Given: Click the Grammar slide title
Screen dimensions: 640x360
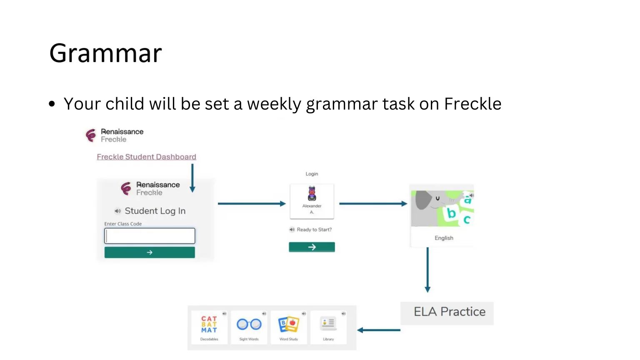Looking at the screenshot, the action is [x=105, y=53].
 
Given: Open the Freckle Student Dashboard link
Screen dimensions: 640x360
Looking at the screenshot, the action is [x=146, y=157].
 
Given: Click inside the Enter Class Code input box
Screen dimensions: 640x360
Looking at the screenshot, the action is [x=150, y=236].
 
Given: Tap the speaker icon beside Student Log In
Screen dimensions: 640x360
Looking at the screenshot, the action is [x=117, y=211].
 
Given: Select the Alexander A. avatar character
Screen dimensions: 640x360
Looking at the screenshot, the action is [x=312, y=193].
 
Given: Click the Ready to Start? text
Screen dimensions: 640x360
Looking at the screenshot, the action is [x=314, y=230].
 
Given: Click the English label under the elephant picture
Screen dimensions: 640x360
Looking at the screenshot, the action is [x=444, y=238].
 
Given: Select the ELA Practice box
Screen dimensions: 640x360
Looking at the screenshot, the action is [x=447, y=313].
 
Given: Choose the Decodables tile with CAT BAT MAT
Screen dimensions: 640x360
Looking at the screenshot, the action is [x=209, y=327].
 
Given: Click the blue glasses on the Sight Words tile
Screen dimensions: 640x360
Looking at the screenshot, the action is [x=249, y=324].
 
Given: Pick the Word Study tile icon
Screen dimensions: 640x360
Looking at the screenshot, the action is [x=289, y=324].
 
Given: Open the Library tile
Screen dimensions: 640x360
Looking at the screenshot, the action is [x=328, y=327].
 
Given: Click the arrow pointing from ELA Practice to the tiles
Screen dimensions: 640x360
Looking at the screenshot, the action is [x=379, y=330].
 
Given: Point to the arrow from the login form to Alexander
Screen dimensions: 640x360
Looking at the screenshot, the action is [x=252, y=204].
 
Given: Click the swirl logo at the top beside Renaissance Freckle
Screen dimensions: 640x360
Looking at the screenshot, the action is [x=91, y=135].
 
